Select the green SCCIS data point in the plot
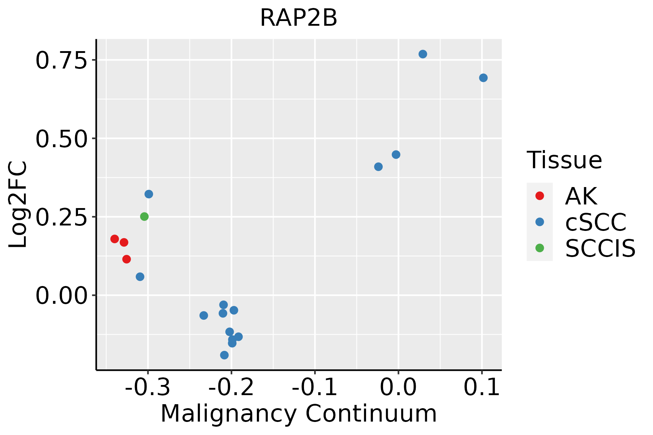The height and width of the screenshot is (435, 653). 144,216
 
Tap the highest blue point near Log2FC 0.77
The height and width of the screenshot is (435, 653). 423,54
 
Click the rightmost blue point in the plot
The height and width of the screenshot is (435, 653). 483,78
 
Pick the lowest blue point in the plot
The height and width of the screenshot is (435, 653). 224,355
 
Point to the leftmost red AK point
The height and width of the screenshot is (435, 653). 115,239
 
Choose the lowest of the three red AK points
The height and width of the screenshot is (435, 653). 127,259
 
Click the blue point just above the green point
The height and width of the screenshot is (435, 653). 149,194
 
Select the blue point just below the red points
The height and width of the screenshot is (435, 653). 140,277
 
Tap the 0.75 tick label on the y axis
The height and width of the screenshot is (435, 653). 62,61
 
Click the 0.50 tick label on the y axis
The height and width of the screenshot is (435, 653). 62,139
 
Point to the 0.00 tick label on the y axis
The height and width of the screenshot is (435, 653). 62,296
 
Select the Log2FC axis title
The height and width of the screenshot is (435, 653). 18,204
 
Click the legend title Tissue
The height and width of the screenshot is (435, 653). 564,160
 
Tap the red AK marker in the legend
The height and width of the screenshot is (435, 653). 539,196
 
